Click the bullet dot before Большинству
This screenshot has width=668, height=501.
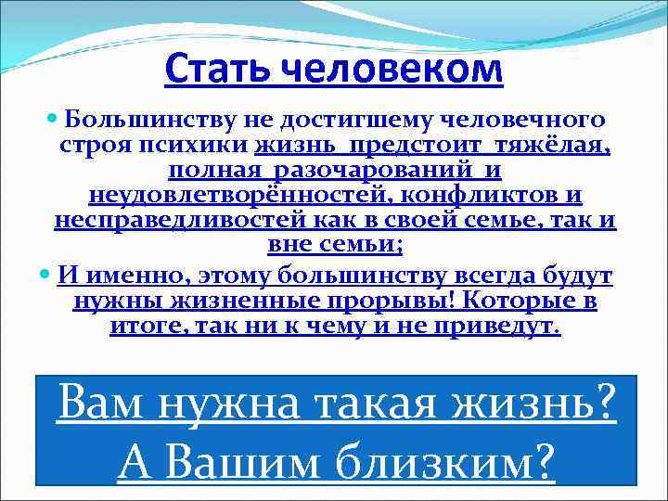pyautogui.click(x=53, y=121)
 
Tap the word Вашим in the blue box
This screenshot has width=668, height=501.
pyautogui.click(x=238, y=459)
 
